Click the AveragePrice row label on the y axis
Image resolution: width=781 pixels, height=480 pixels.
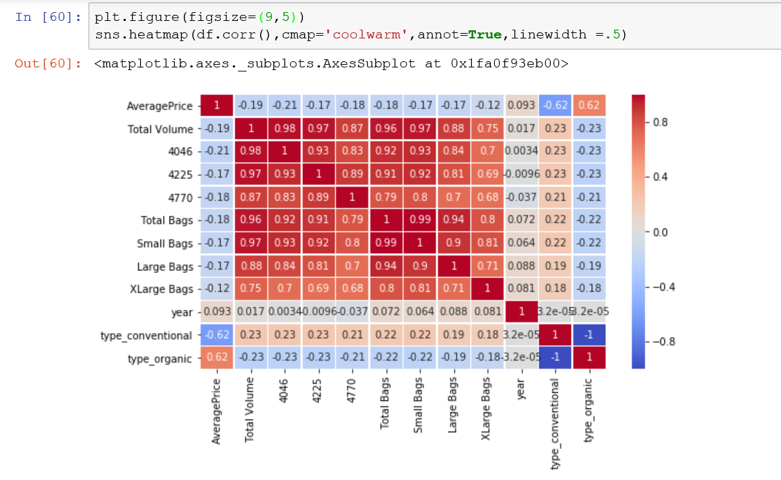coord(160,106)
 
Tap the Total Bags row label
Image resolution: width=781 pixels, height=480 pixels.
coord(166,220)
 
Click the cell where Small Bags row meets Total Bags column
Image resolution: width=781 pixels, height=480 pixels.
coord(386,243)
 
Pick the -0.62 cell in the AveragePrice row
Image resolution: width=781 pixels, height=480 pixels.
coord(555,106)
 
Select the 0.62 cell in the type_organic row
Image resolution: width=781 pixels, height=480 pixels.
coord(217,358)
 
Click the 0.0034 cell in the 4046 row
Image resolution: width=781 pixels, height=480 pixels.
coord(520,152)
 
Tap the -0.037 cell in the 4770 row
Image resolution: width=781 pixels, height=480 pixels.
coord(520,198)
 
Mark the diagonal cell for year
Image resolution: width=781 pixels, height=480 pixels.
coord(520,312)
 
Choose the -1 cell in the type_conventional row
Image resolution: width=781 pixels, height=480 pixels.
coord(588,335)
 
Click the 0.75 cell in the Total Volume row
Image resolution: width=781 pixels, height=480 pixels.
coord(487,129)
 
